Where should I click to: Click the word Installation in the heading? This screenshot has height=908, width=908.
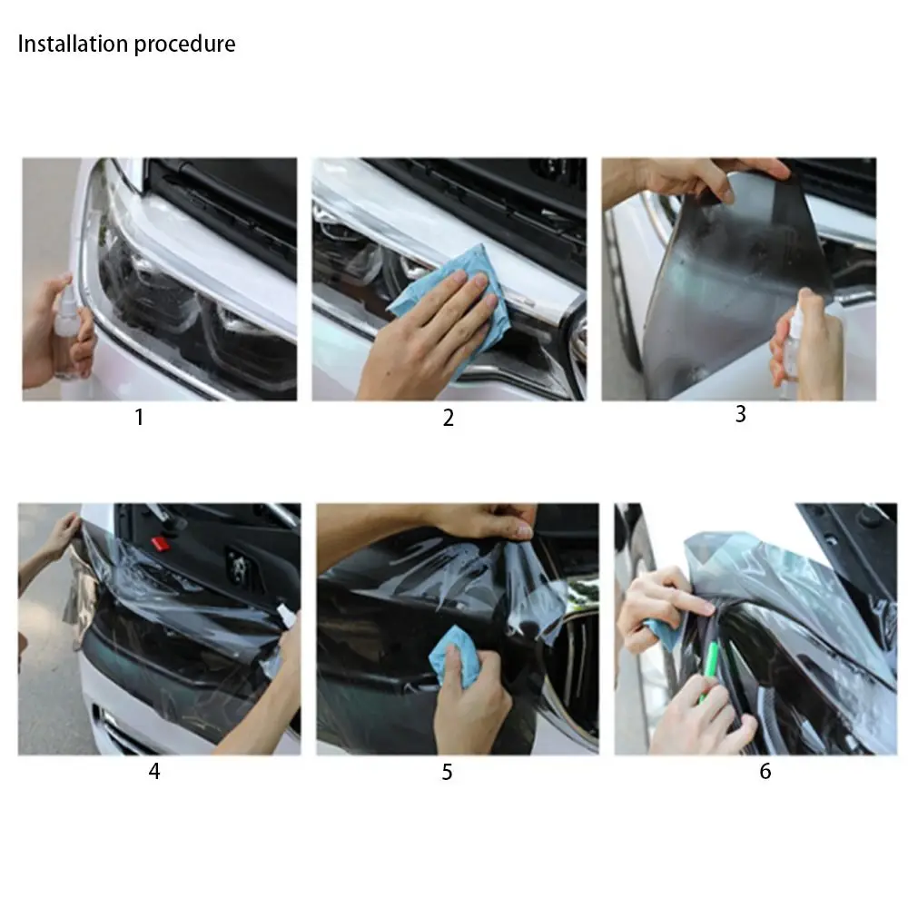coord(73,44)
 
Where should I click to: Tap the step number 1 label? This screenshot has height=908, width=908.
coord(139,418)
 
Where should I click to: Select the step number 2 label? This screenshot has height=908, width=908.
coord(448,418)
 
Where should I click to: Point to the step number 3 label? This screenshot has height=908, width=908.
coord(740,414)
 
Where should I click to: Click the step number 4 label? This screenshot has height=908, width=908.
coord(154,772)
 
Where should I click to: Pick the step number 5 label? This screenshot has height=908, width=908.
coord(447,773)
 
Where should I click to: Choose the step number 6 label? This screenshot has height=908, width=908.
coord(765,772)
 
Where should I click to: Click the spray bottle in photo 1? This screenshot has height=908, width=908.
coord(65,331)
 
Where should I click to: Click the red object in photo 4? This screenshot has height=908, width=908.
coord(160,543)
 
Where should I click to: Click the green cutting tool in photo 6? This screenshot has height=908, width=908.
coord(713,667)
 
